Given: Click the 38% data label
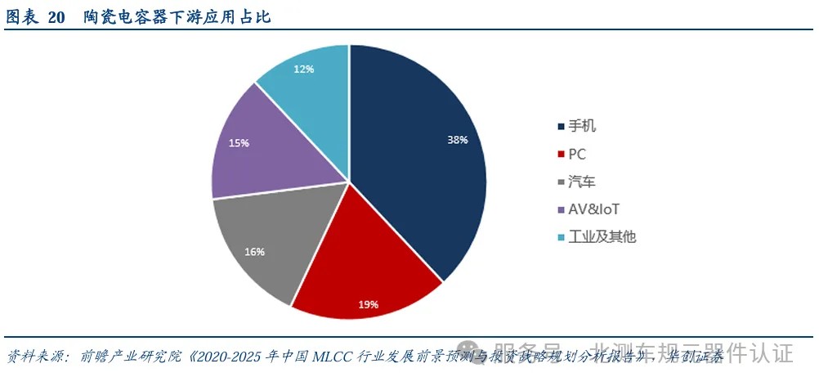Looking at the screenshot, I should coord(458,140).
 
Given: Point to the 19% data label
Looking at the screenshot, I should coord(368,304).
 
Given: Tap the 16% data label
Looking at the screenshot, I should coord(254,252).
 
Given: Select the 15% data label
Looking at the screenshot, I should coord(239,143).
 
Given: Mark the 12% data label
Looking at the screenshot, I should coord(304,69).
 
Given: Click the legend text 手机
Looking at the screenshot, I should coord(583,126).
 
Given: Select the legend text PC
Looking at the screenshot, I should coord(577,154).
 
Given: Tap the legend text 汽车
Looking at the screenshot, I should coord(583,182).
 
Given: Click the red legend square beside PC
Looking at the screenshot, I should coord(560,154).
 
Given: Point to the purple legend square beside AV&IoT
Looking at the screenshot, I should coord(560,209).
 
